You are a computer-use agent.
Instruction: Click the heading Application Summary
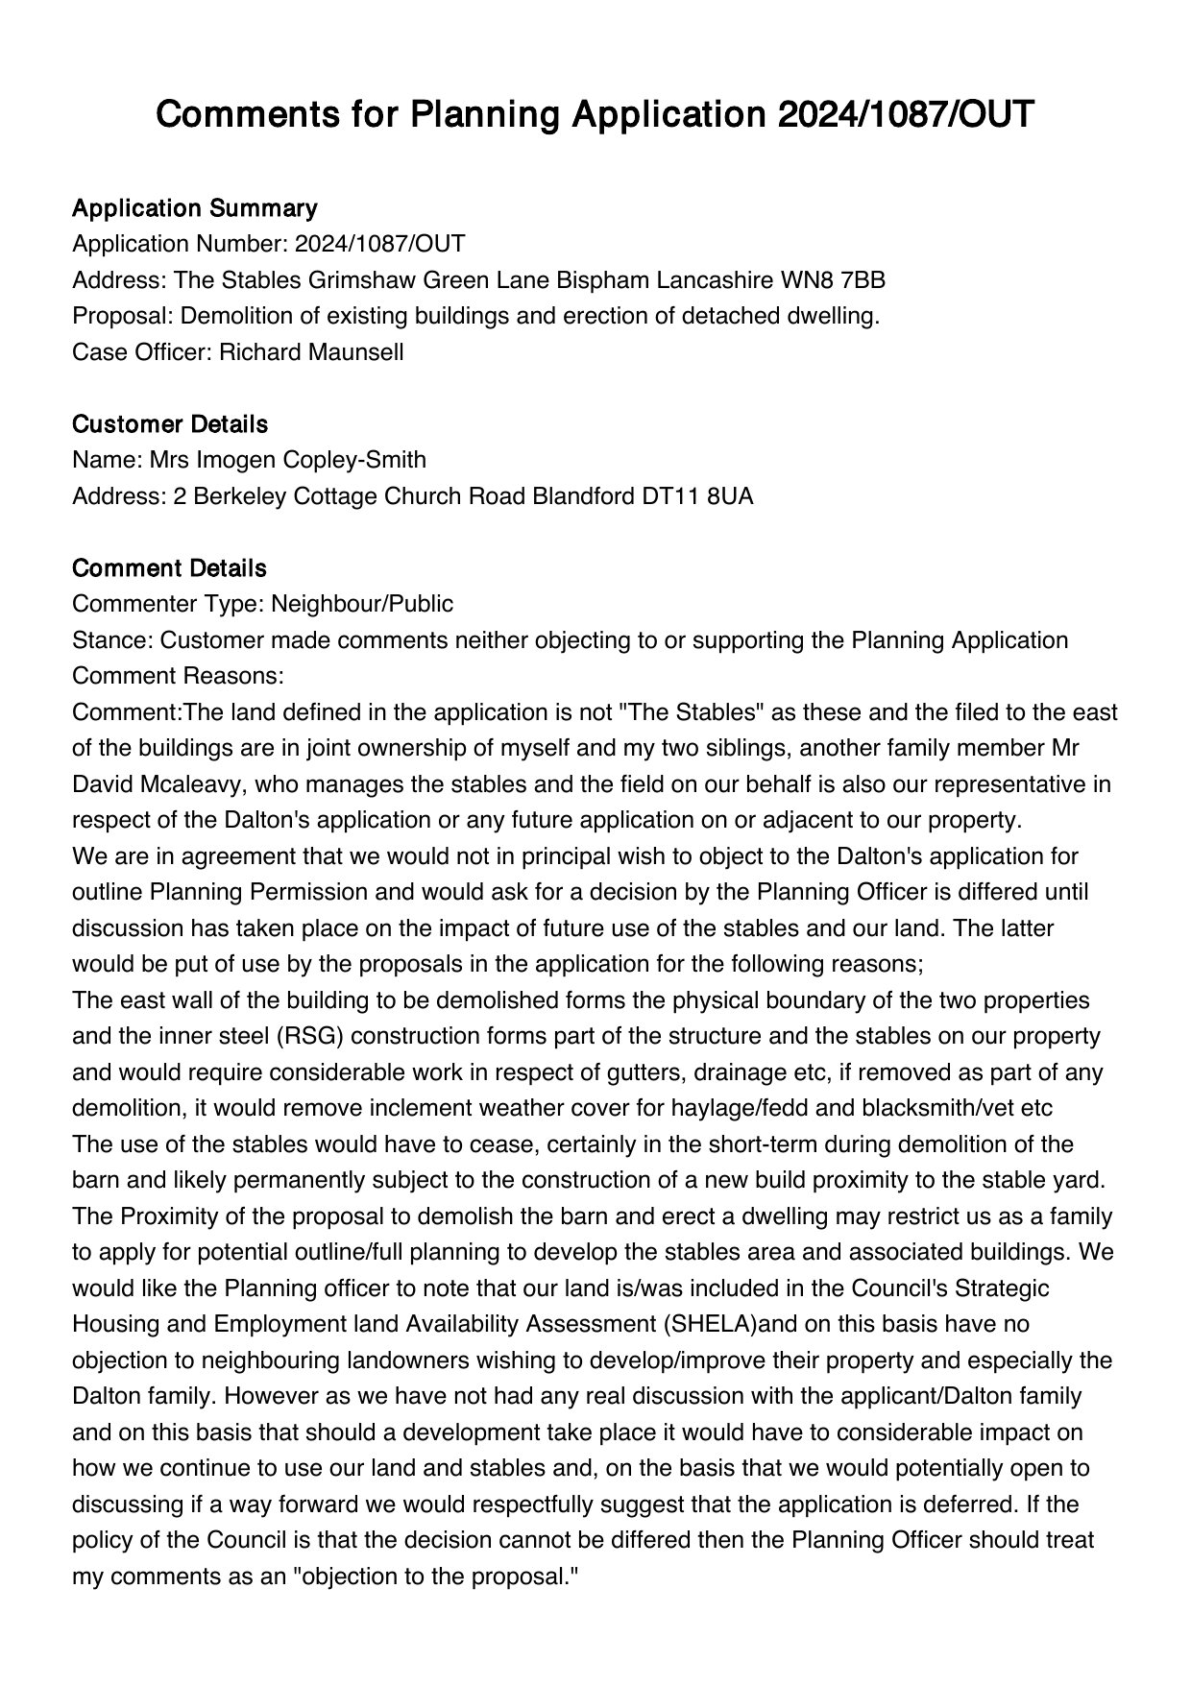point(194,208)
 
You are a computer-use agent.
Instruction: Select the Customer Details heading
point(170,424)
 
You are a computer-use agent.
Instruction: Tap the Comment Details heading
point(169,568)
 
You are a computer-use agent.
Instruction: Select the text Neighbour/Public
point(362,604)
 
